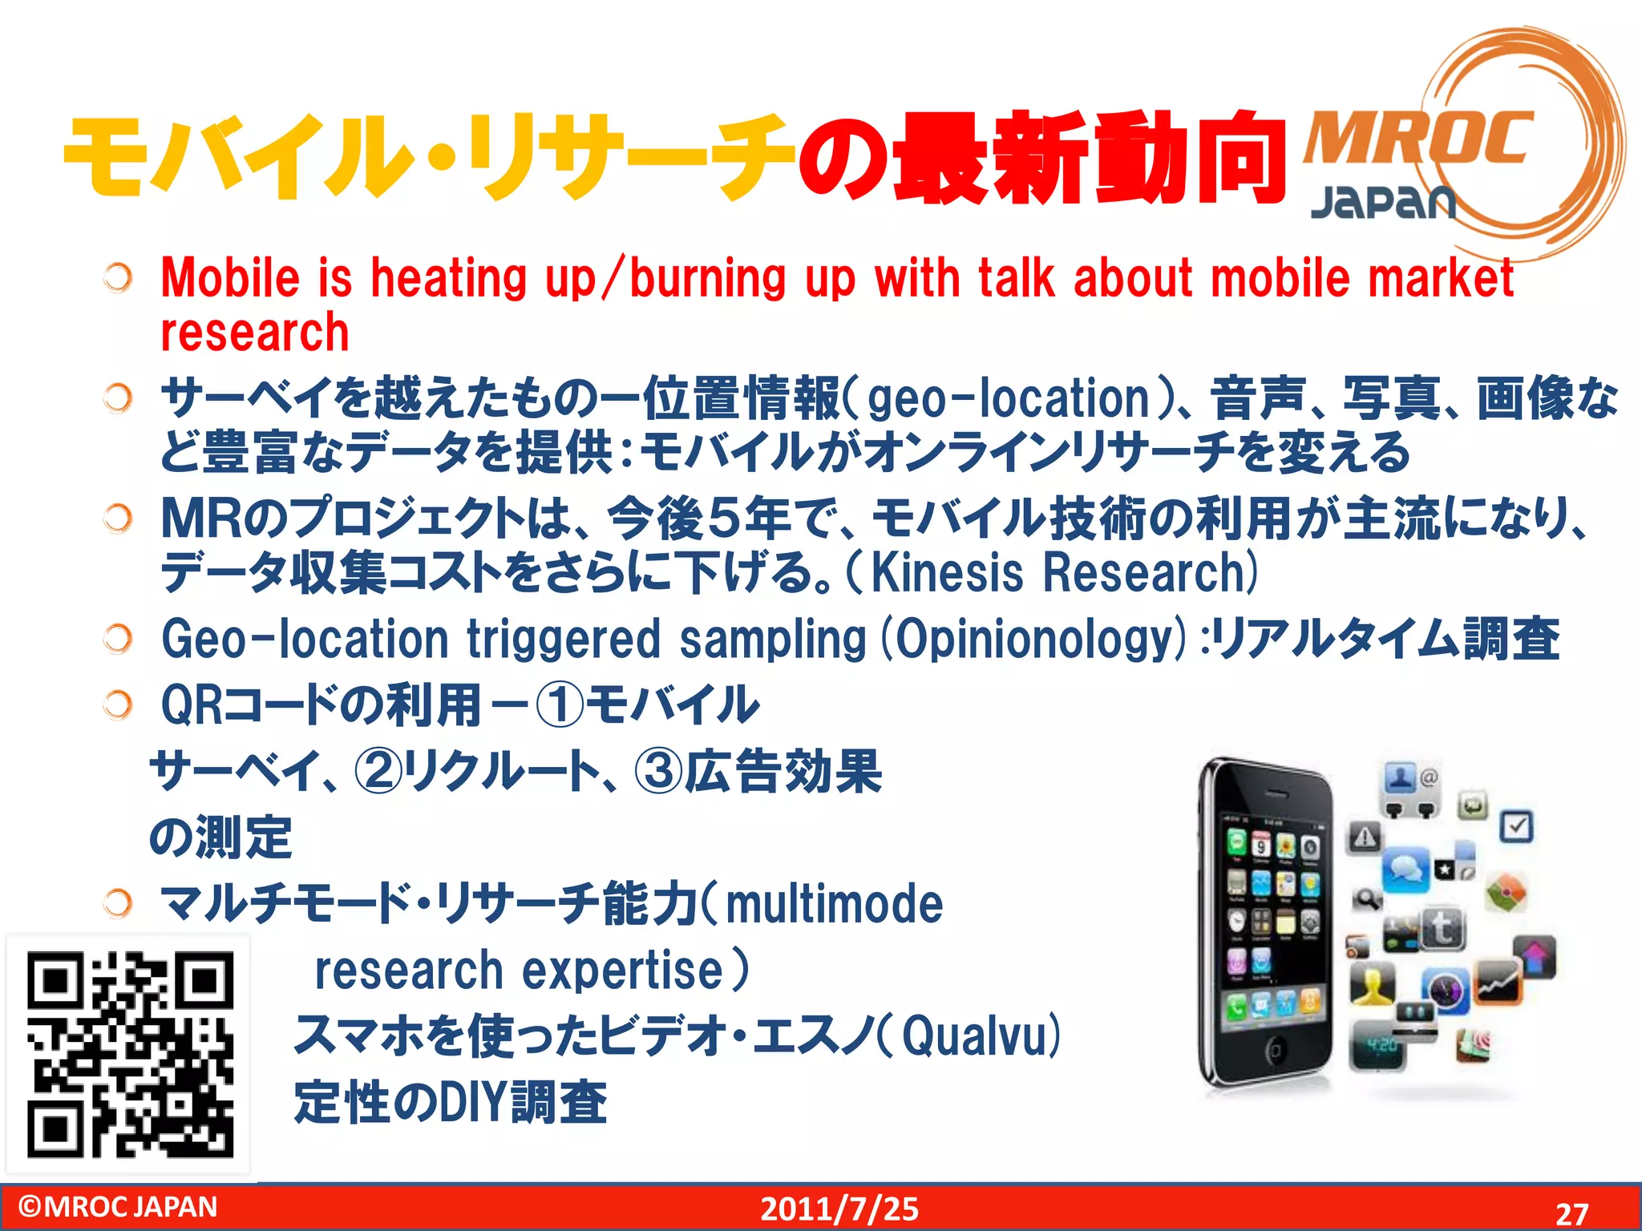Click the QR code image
click(130, 1054)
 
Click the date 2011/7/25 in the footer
click(839, 1209)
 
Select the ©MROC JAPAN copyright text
click(118, 1206)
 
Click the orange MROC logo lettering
click(1418, 139)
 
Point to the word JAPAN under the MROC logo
click(1382, 203)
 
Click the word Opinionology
click(1033, 640)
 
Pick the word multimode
click(834, 904)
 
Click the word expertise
click(623, 970)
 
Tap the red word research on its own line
click(255, 332)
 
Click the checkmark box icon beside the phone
click(1516, 825)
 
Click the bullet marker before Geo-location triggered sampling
click(118, 639)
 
